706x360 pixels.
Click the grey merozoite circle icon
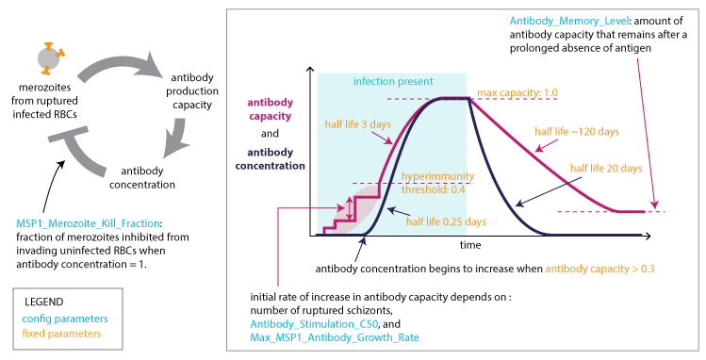click(x=49, y=59)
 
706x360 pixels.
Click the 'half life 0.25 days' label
click(x=446, y=221)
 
